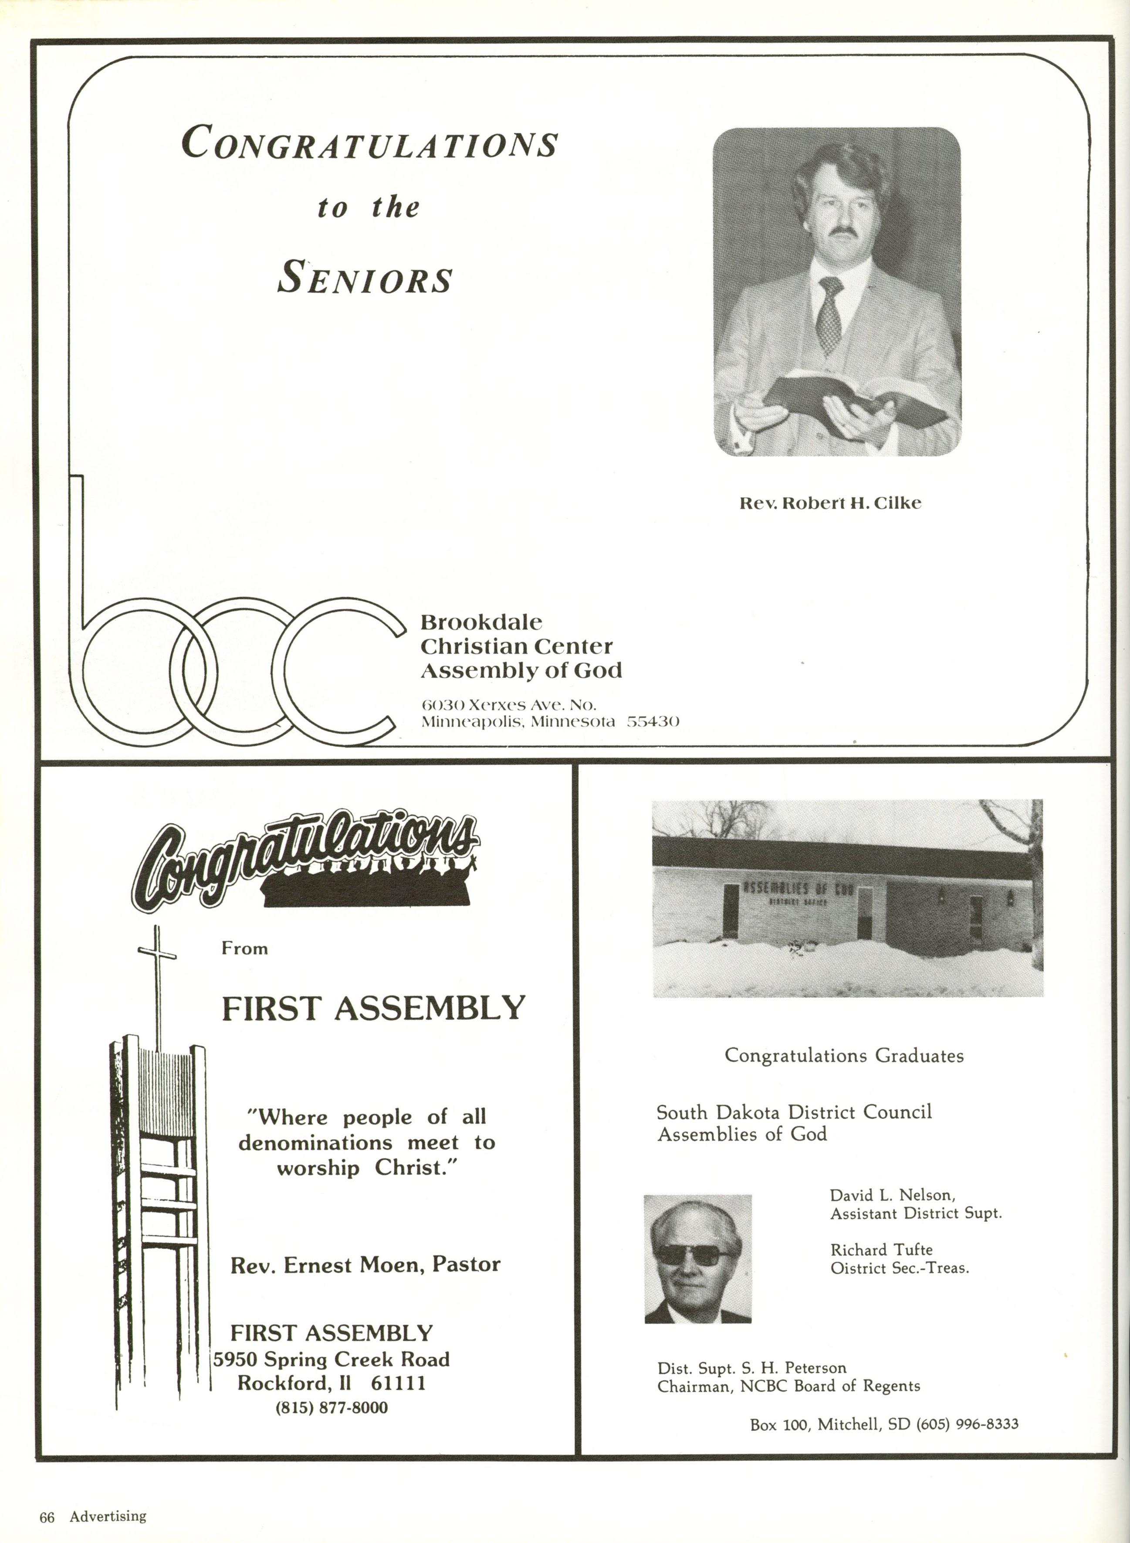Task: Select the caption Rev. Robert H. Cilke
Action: pyautogui.click(x=830, y=503)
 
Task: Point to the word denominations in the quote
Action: pyautogui.click(x=315, y=1143)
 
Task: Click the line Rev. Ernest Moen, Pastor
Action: pyautogui.click(x=365, y=1264)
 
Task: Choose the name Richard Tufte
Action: pyautogui.click(x=881, y=1250)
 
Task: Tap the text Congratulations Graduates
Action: pyautogui.click(x=844, y=1056)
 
